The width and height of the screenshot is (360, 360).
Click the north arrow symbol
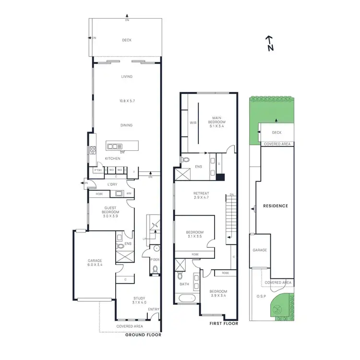point(270,43)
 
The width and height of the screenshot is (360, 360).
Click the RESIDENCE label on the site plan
point(276,206)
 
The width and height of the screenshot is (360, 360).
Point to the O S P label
point(261,296)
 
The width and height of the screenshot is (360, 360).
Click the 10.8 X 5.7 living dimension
point(126,101)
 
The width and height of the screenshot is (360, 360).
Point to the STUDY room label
point(139,300)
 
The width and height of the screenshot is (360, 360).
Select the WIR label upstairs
point(193,123)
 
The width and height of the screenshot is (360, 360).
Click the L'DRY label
point(112,184)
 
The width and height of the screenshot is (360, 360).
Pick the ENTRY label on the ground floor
point(154,309)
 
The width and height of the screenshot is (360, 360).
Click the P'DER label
point(155,259)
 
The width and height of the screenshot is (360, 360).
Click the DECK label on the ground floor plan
point(127,41)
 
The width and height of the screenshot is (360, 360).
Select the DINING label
point(126,125)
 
